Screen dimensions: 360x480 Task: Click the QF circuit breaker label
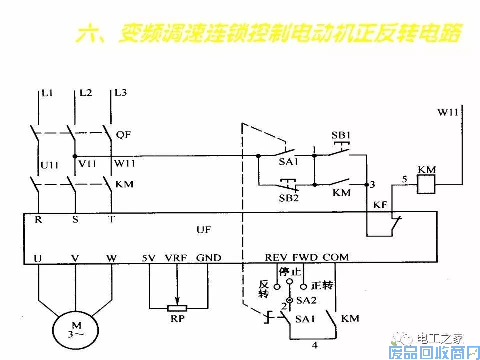[123, 134]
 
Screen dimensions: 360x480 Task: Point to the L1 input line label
[48, 93]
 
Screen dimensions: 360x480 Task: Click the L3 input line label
[121, 93]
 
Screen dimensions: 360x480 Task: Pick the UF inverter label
[203, 230]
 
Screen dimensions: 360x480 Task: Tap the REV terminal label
[276, 258]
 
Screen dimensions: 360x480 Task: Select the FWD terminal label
[305, 258]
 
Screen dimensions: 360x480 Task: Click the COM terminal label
[335, 258]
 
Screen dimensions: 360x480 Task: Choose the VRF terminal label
[176, 258]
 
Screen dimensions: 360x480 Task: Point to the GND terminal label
[208, 258]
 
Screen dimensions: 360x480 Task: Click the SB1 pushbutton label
[342, 136]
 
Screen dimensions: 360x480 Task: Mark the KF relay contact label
[381, 205]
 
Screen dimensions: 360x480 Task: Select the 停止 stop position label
[290, 272]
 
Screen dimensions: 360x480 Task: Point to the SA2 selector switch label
[303, 300]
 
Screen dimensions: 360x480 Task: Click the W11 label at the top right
[448, 113]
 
